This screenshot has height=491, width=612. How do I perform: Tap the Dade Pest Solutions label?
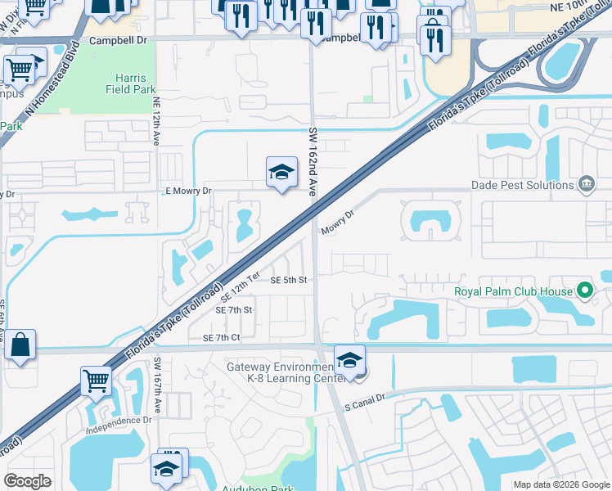[522, 185]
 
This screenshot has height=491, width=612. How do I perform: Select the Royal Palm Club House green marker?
[585, 291]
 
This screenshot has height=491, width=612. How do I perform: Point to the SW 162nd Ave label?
[313, 161]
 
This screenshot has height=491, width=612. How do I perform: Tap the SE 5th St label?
[289, 281]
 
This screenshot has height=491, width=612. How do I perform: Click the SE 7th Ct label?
[215, 338]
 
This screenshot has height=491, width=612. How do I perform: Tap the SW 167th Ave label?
[158, 385]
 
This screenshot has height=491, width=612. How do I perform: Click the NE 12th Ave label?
[156, 123]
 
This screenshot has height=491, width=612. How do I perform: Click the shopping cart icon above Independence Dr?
[96, 380]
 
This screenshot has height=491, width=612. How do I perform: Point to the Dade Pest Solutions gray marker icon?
[586, 184]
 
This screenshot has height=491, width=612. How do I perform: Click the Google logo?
[27, 481]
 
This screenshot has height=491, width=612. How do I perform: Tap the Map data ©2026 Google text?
[560, 484]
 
